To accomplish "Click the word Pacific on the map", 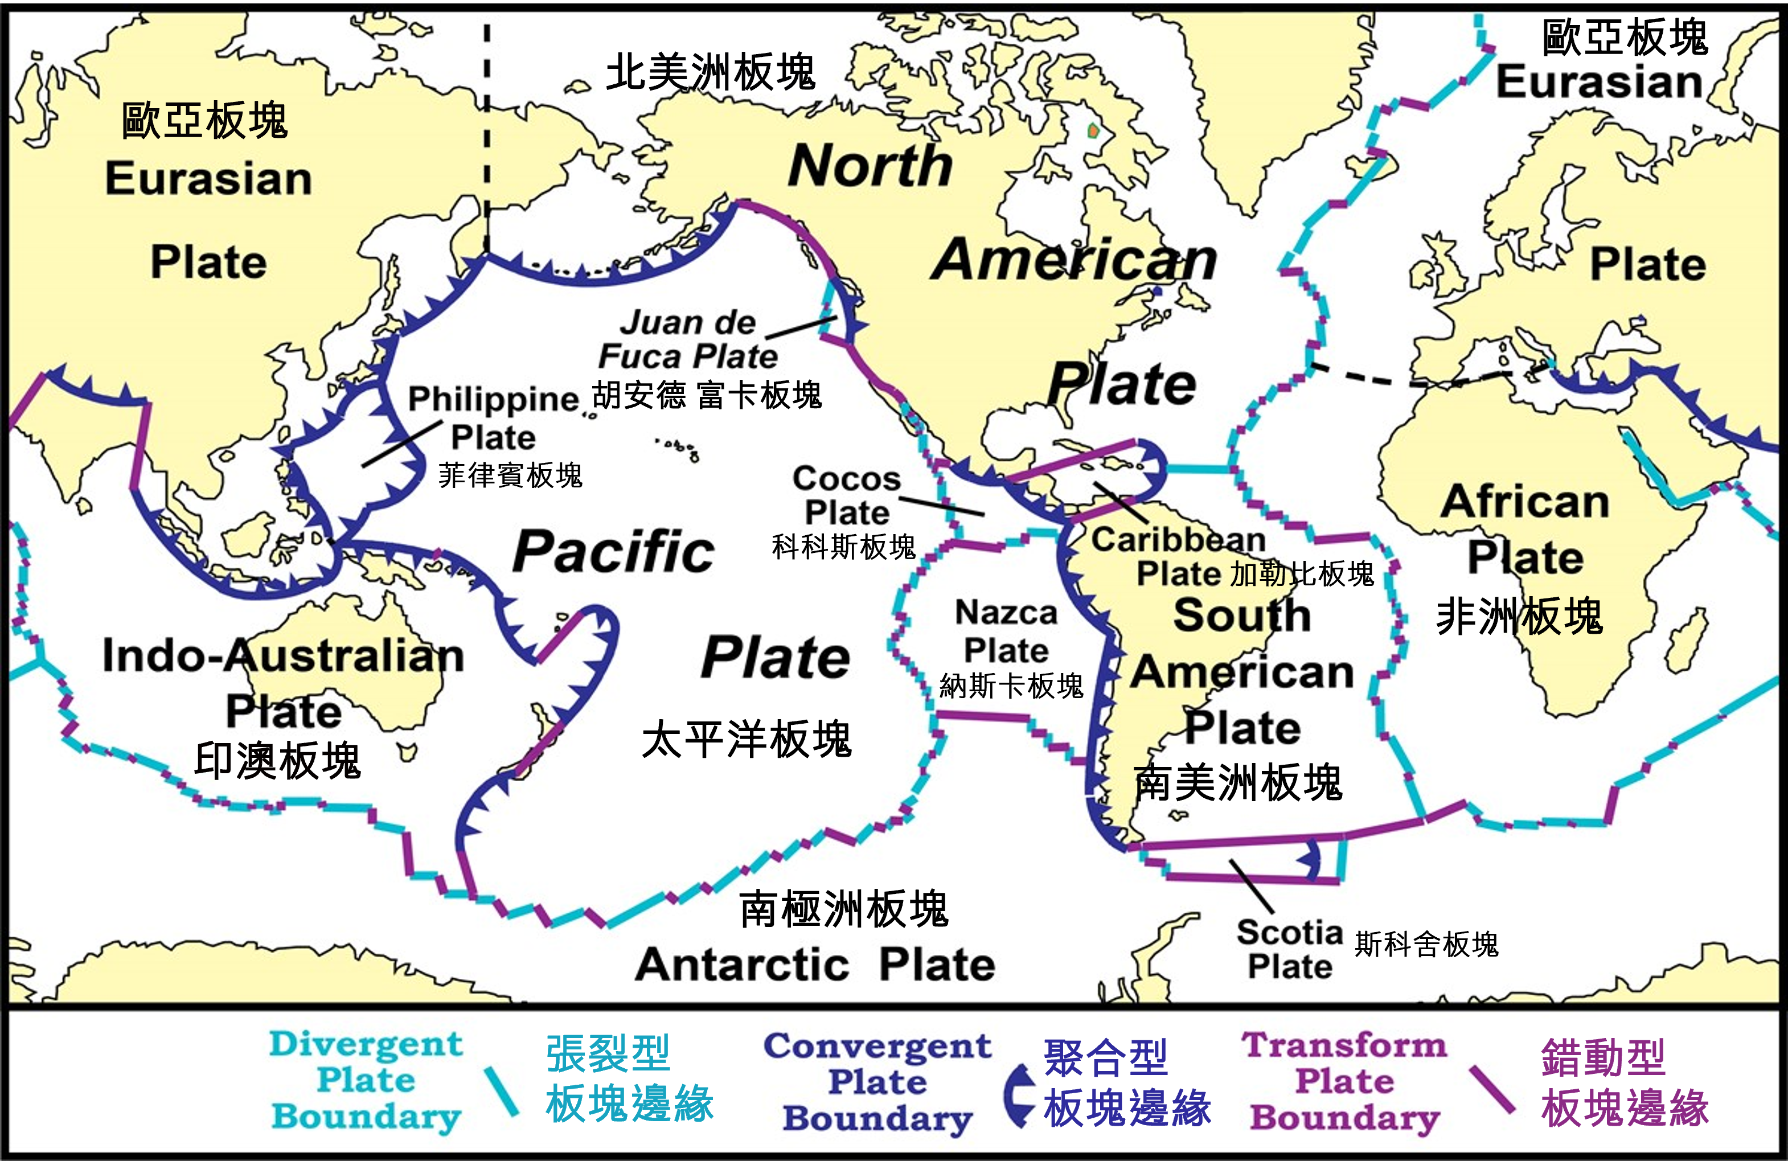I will pos(614,552).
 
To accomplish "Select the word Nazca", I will pos(1006,613).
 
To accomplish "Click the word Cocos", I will pos(846,479).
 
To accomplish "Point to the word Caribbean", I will pos(1178,540).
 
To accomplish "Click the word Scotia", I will pos(1289,933).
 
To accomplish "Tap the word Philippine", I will pos(494,399).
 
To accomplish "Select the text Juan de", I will pos(687,322).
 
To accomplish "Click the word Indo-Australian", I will pos(283,655).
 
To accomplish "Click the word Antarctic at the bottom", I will pos(742,964).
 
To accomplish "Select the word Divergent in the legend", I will pos(366,1044).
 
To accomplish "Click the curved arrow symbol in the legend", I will pos(1019,1096).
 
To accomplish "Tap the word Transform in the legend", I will pos(1344,1045).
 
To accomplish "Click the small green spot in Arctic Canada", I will pos(1093,132).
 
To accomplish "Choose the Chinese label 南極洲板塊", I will pos(844,909).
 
